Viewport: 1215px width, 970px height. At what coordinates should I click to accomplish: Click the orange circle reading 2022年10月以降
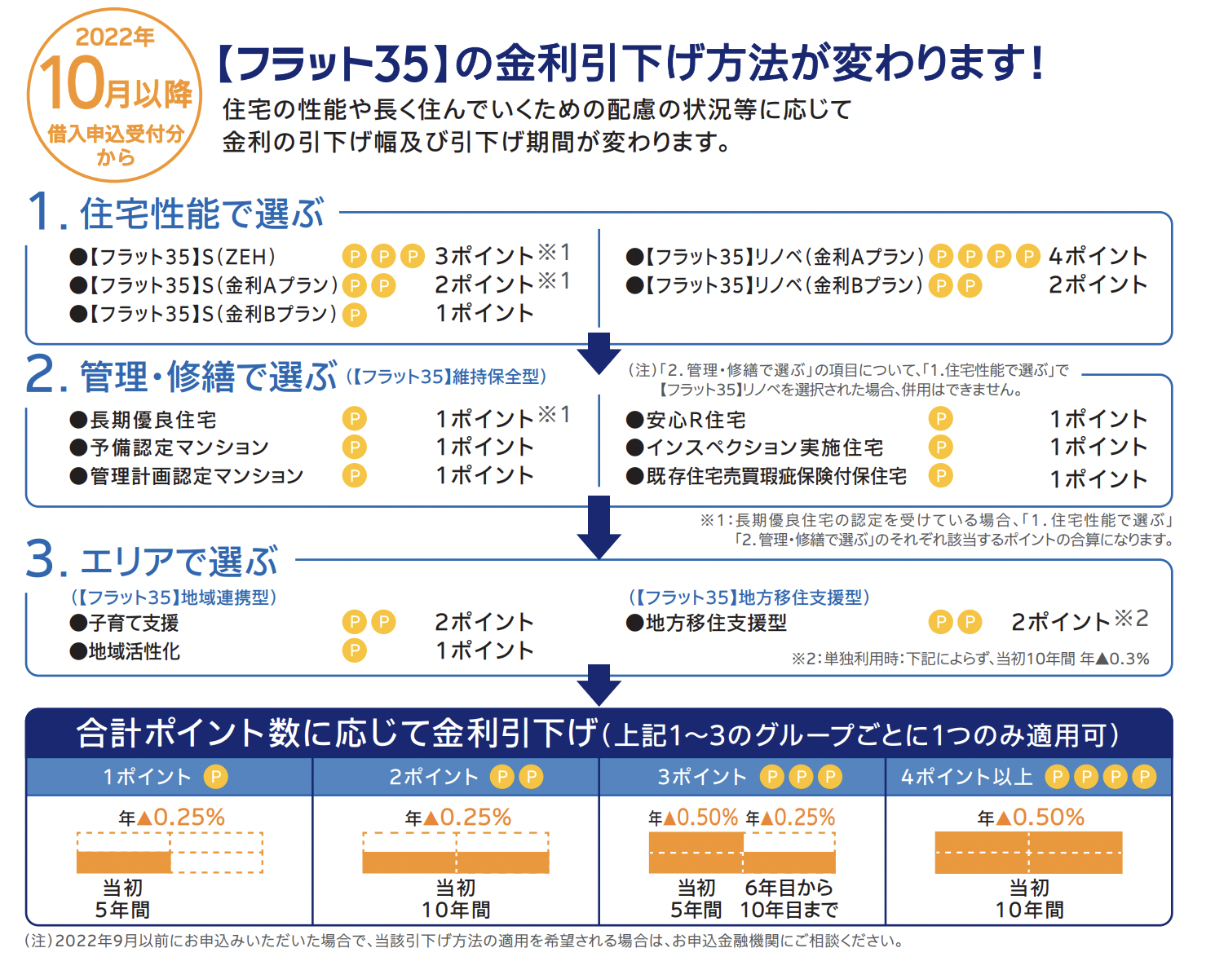pyautogui.click(x=115, y=95)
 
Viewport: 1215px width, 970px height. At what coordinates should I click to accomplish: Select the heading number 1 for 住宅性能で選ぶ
pyautogui.click(x=42, y=212)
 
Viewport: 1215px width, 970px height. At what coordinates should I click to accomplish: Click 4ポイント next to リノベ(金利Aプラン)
pyautogui.click(x=1098, y=257)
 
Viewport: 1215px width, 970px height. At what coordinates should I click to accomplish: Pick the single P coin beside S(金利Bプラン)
pyautogui.click(x=354, y=315)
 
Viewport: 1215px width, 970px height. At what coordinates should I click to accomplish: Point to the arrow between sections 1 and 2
pyautogui.click(x=599, y=352)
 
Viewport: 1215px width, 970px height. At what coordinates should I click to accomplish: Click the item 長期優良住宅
pyautogui.click(x=152, y=420)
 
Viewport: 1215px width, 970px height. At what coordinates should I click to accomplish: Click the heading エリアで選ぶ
pyautogui.click(x=179, y=561)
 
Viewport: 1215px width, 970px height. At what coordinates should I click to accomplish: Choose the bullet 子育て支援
pyautogui.click(x=133, y=623)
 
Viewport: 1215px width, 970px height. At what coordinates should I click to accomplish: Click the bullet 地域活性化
pyautogui.click(x=133, y=651)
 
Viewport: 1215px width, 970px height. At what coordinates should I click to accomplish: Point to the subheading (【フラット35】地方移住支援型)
pyautogui.click(x=749, y=597)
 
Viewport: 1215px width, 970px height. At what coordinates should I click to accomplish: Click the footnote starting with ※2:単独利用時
pyautogui.click(x=970, y=659)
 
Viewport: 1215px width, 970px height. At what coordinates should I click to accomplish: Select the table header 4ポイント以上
pyautogui.click(x=966, y=777)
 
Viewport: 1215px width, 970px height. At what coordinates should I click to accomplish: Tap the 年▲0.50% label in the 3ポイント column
pyautogui.click(x=693, y=818)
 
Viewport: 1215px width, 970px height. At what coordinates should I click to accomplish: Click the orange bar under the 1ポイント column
pyautogui.click(x=124, y=862)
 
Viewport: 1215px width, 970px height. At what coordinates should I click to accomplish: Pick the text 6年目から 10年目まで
pyautogui.click(x=789, y=898)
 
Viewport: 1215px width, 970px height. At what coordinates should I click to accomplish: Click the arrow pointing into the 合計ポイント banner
pyautogui.click(x=599, y=685)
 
